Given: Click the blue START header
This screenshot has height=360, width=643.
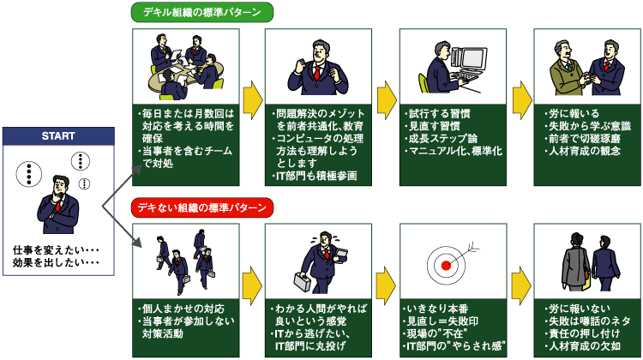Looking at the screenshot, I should pos(57,136).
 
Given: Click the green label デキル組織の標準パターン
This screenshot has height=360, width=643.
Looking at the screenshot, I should pos(201,13).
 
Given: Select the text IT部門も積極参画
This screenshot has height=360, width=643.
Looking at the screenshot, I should pos(312,177).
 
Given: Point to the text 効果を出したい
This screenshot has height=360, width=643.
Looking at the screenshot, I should pos(53,262).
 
